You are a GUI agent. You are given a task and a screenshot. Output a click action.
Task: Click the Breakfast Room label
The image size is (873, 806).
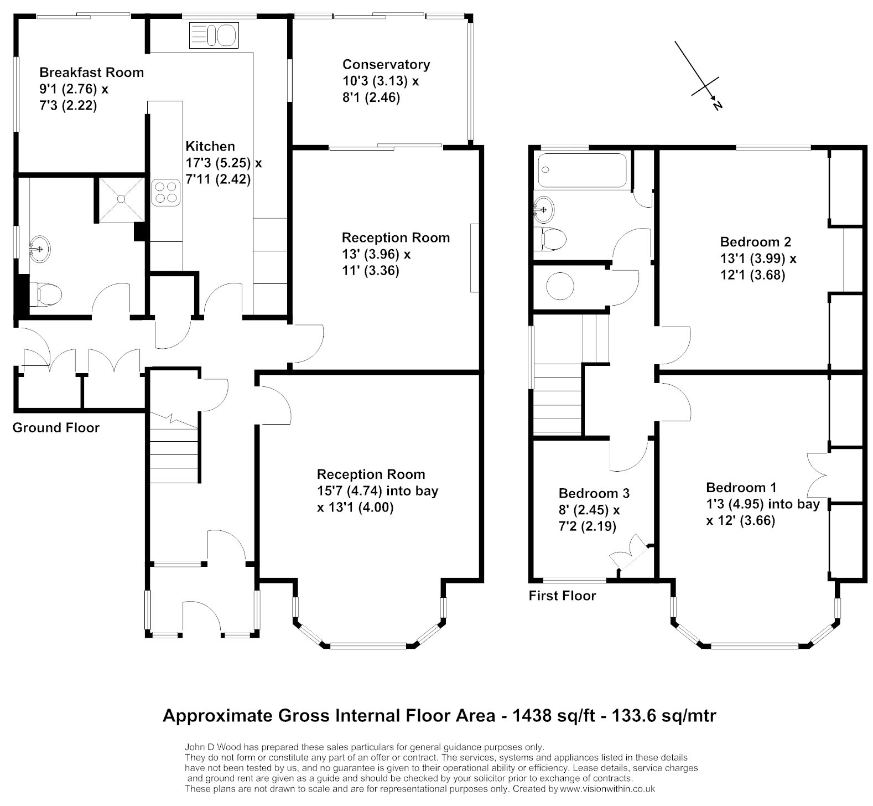tap(91, 73)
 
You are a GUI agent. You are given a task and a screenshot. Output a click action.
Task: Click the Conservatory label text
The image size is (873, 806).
tap(386, 65)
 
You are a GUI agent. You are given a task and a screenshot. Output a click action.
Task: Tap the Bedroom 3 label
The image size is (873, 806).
tap(594, 493)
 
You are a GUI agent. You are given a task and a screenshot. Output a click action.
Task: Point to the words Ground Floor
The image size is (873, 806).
tap(56, 427)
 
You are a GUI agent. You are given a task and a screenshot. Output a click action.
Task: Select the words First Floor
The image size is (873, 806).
tap(562, 596)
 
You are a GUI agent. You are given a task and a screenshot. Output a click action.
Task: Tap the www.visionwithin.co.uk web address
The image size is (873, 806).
tap(607, 789)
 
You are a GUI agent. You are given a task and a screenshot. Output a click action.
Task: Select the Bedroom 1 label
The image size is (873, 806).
tap(741, 488)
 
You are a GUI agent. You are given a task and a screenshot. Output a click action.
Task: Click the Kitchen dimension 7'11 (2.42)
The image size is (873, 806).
tap(218, 179)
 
